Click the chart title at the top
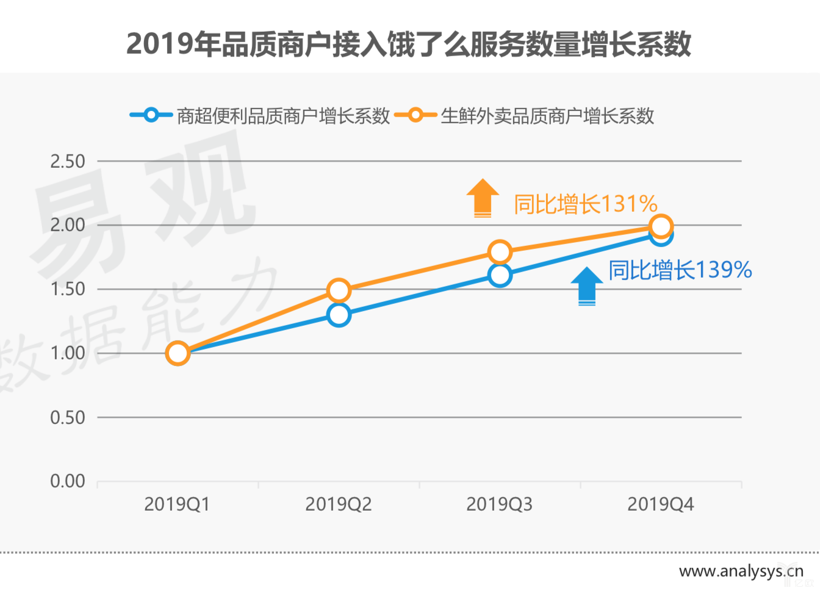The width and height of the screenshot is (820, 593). (x=409, y=44)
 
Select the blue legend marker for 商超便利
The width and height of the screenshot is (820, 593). (x=151, y=115)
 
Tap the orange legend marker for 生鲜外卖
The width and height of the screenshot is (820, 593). (x=415, y=115)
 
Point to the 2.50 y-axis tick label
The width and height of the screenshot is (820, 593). (x=68, y=162)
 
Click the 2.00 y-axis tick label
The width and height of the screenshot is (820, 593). (x=68, y=225)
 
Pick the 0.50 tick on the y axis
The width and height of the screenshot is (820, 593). (x=68, y=418)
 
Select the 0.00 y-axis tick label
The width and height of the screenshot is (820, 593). (x=68, y=481)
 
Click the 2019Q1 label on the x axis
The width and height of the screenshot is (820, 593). (x=177, y=505)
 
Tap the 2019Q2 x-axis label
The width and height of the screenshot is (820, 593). (x=338, y=505)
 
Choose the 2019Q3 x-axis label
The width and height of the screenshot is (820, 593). (x=499, y=505)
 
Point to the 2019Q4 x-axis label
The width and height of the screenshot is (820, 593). (x=660, y=505)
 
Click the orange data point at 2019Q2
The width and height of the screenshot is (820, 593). (x=339, y=290)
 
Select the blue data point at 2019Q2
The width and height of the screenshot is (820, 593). (x=339, y=315)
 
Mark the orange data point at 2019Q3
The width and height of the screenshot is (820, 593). (x=500, y=251)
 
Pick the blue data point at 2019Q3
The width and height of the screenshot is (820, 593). (x=500, y=275)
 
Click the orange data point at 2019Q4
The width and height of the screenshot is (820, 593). (x=661, y=226)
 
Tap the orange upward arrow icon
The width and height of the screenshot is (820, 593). (x=483, y=198)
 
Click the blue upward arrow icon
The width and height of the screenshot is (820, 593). (x=586, y=286)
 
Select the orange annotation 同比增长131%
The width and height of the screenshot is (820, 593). (x=585, y=204)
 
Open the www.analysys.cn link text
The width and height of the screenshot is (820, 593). (x=741, y=572)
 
